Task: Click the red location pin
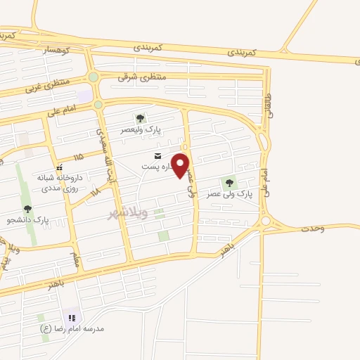point(181,165)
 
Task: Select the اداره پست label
point(156,167)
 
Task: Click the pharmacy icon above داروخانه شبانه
point(60,167)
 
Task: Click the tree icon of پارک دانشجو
point(27,208)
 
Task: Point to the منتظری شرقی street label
point(142,77)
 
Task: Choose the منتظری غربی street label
point(48,87)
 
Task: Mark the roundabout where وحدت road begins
point(266,221)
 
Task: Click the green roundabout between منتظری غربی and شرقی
point(93,77)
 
